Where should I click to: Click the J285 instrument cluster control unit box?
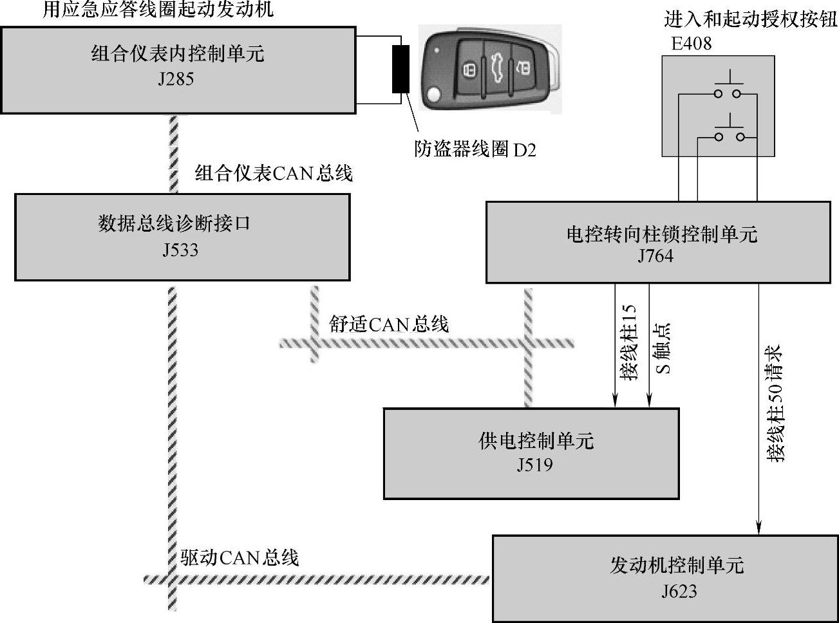[x=178, y=70]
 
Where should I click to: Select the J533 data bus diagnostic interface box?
[x=182, y=237]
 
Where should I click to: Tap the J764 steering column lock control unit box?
[x=657, y=242]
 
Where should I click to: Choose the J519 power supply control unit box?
[x=531, y=452]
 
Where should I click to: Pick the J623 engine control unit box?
[x=666, y=577]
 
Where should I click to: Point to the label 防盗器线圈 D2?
[x=475, y=150]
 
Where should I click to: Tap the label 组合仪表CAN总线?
[x=274, y=173]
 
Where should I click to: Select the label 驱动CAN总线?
[x=240, y=557]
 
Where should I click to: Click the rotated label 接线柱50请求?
[x=775, y=404]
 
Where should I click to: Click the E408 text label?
[x=687, y=44]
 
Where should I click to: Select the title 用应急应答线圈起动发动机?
[x=158, y=10]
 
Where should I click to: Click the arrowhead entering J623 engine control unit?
[x=759, y=528]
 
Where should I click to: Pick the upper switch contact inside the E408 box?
[x=728, y=94]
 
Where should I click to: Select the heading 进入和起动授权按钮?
[x=750, y=20]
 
